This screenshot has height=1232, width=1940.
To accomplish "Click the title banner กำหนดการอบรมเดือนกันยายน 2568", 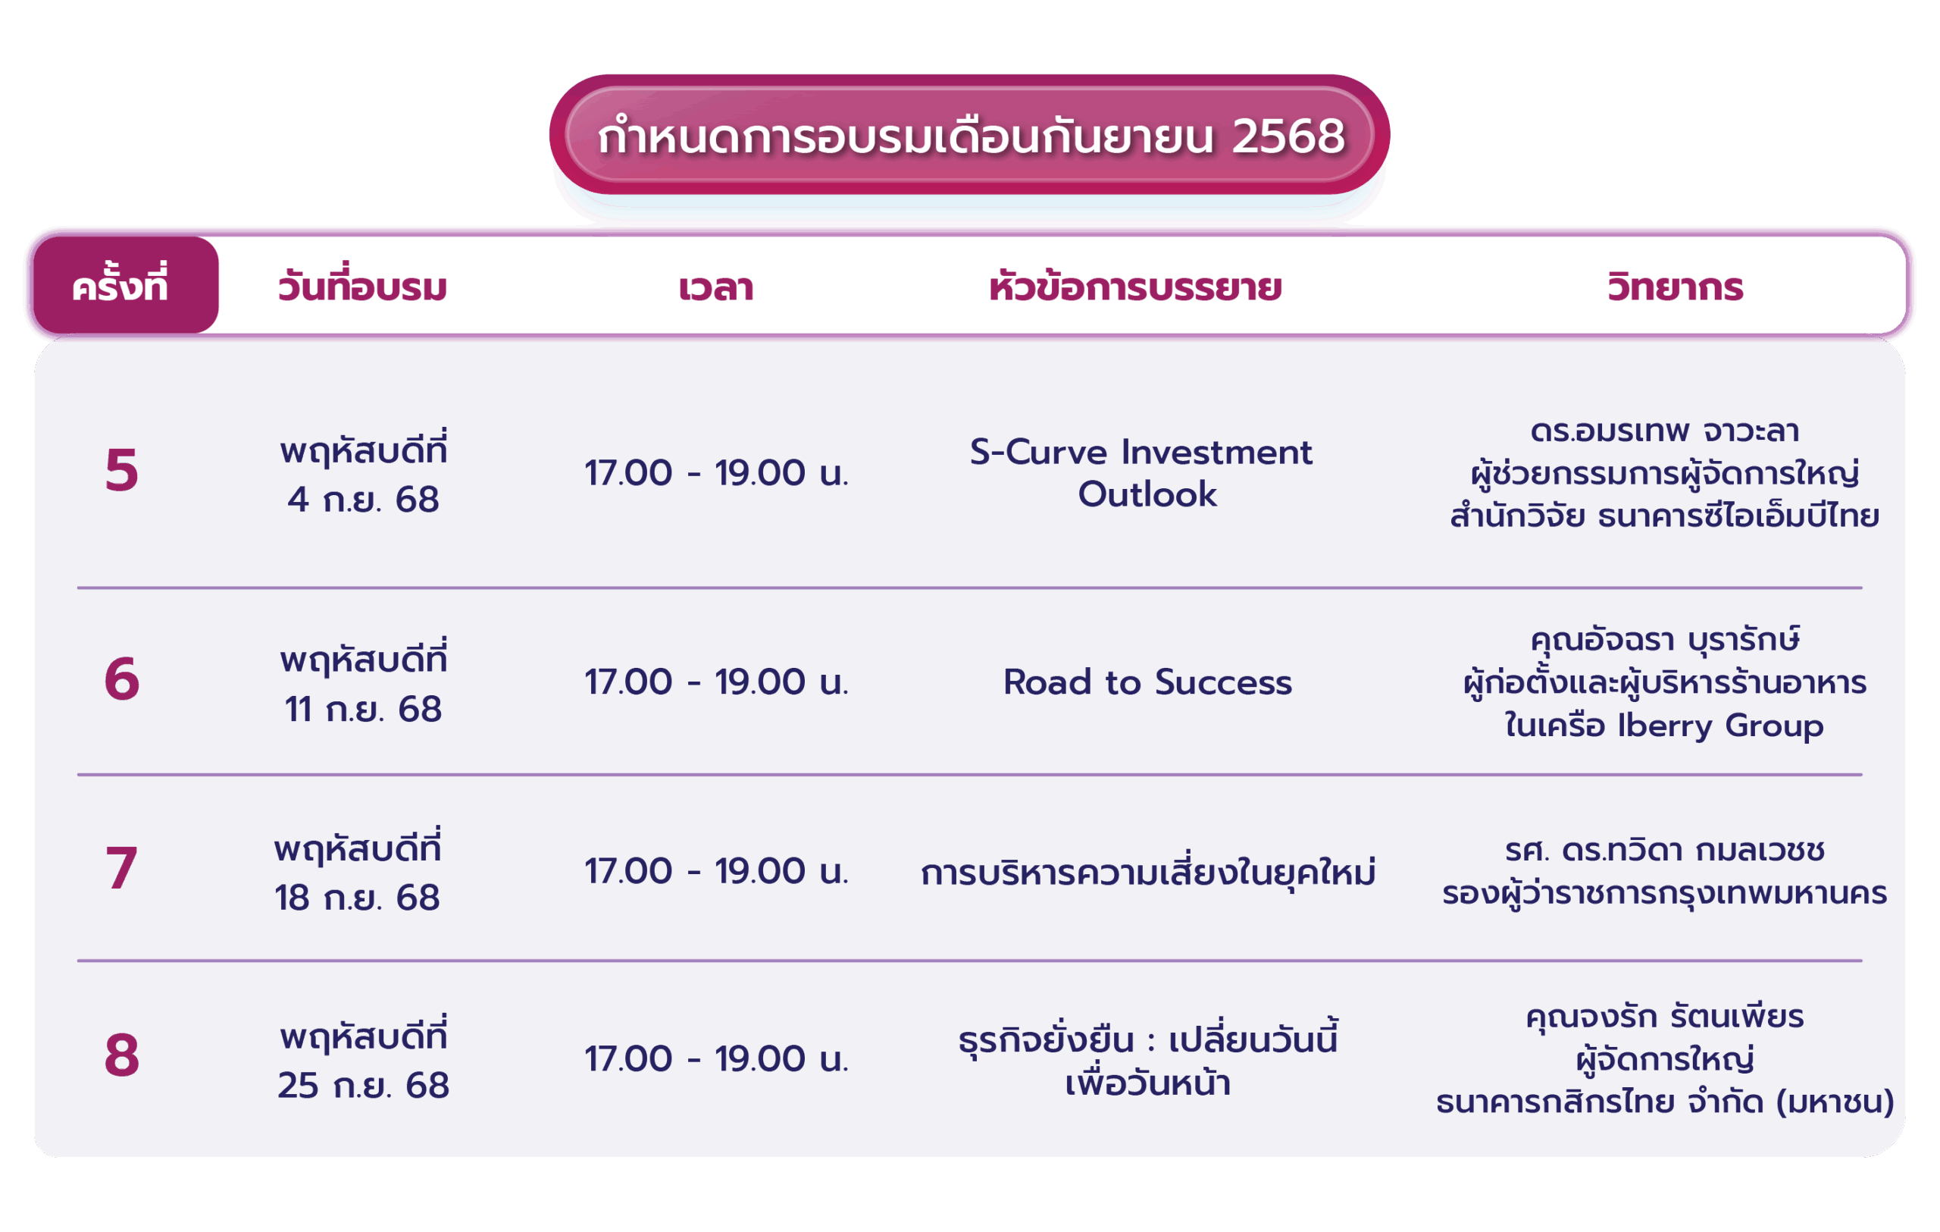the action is point(969,134).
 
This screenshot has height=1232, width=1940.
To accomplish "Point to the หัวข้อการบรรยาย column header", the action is point(1135,285).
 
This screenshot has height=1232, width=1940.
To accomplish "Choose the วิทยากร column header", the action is point(1675,287).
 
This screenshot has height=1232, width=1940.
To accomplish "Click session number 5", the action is point(122,470).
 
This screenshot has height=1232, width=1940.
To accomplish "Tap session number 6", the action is point(122,679).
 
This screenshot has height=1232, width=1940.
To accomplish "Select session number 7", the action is point(122,868).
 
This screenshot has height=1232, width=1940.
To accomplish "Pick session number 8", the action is point(122,1055).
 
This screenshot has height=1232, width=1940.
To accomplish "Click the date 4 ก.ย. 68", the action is point(363,500).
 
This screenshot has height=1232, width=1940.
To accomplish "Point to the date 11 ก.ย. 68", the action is point(363,710).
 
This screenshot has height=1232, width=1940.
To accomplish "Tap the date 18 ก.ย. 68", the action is point(358,898).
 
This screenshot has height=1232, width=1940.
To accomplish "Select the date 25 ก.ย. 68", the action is point(363,1086).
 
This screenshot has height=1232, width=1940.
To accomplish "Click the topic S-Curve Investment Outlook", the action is point(1141,473).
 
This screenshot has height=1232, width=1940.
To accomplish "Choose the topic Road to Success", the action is point(1147,682).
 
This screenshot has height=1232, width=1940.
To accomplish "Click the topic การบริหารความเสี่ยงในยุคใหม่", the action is point(1148,870).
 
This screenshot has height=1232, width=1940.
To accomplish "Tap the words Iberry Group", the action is point(1720,726).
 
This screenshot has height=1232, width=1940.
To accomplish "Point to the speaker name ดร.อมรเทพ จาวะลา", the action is point(1664,431).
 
